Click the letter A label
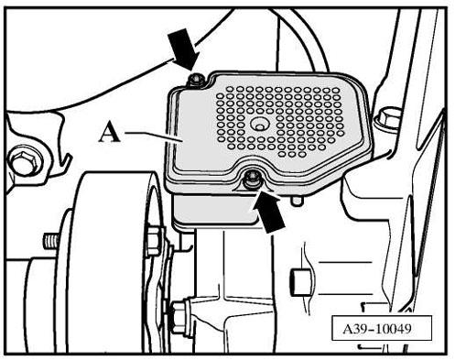coord(110,132)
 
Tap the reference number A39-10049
coord(377,329)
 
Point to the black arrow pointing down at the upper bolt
coord(184,49)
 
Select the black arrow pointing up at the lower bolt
coord(266,210)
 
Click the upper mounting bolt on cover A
coord(196,80)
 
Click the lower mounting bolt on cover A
coord(253,180)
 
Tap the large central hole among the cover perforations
coord(260,125)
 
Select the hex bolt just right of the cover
coord(387,118)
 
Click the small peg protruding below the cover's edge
coord(297,201)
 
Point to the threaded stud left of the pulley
coord(50,241)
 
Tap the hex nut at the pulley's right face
coord(154,241)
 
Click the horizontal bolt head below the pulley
coord(179,317)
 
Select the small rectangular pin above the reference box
coord(298,283)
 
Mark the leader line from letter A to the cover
coord(154,136)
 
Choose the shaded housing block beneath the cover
coord(215,209)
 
